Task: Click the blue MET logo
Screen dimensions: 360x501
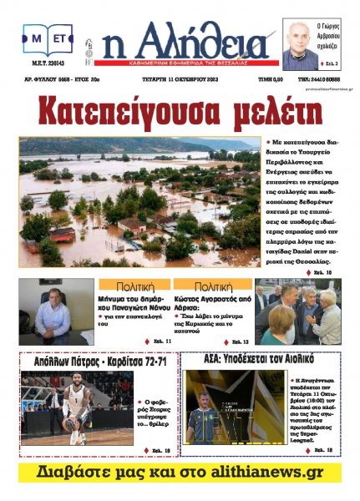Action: point(48,38)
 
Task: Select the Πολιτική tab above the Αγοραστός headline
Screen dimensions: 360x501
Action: point(213,285)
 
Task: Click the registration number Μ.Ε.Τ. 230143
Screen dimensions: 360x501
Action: point(47,63)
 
